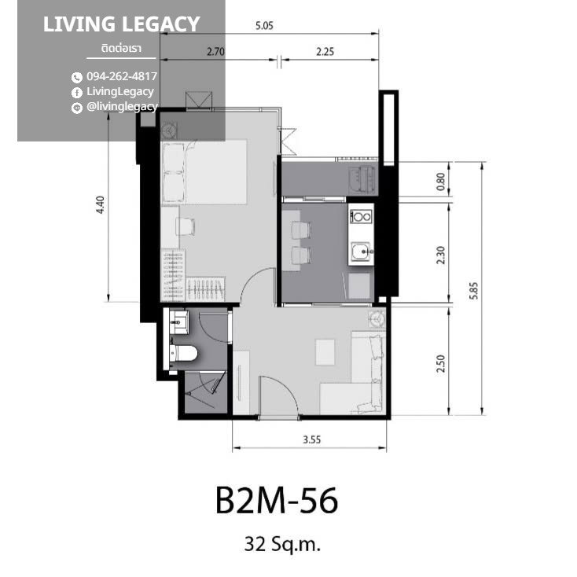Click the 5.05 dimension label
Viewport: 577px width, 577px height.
point(264,26)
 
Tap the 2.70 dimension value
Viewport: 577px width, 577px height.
point(215,52)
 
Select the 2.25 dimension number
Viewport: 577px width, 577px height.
point(325,52)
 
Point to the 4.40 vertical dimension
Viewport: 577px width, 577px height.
point(100,204)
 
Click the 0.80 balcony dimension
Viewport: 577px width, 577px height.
point(440,182)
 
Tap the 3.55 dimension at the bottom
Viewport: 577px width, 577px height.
point(311,439)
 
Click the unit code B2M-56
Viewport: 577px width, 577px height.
point(277,501)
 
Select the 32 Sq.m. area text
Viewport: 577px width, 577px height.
point(282,544)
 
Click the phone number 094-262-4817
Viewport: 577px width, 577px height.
point(122,76)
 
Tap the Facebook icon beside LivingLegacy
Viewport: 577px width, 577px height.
point(76,92)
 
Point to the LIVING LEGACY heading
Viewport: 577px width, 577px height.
point(121,24)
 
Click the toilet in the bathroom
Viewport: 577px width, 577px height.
point(184,354)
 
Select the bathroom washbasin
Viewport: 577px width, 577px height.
point(179,322)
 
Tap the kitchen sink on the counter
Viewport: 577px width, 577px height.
point(360,252)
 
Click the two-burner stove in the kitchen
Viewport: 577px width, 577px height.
point(361,217)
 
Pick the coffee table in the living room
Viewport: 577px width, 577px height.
point(325,352)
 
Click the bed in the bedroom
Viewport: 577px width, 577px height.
point(204,171)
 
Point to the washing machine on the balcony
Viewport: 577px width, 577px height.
point(362,179)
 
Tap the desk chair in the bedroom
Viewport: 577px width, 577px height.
point(186,226)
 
